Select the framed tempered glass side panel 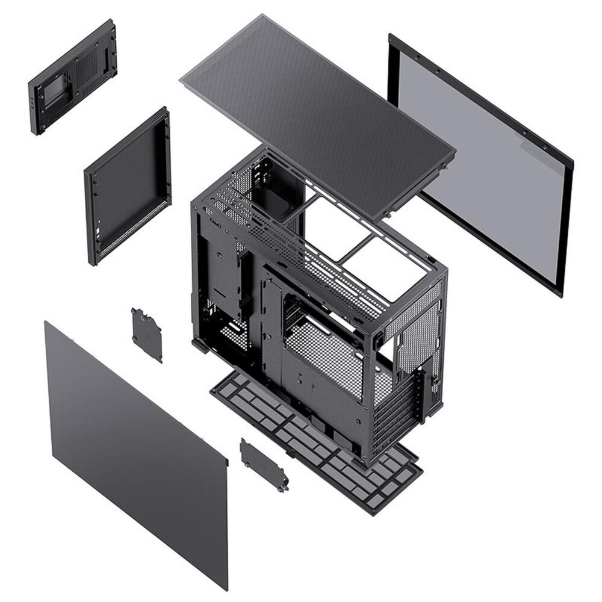(x=482, y=163)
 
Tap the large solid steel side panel (x=135, y=451)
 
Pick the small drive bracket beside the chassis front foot (x=147, y=334)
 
